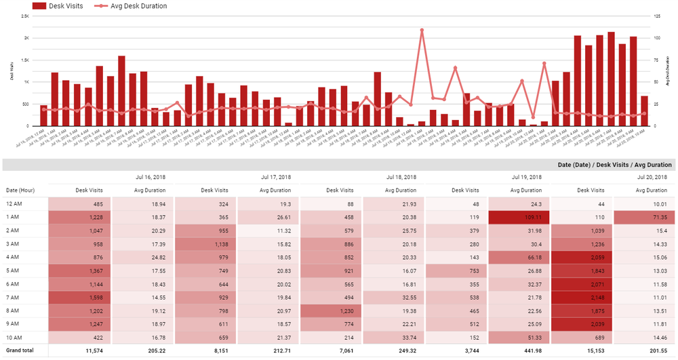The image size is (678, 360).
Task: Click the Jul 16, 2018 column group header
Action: tap(149, 177)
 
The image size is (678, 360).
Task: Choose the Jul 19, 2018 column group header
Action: tap(527, 177)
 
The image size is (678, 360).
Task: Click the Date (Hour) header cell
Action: tap(20, 191)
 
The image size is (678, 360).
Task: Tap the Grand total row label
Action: tap(21, 351)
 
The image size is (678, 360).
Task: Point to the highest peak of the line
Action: tap(422, 30)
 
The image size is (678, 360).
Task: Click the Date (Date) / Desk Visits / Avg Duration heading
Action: tap(614, 165)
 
